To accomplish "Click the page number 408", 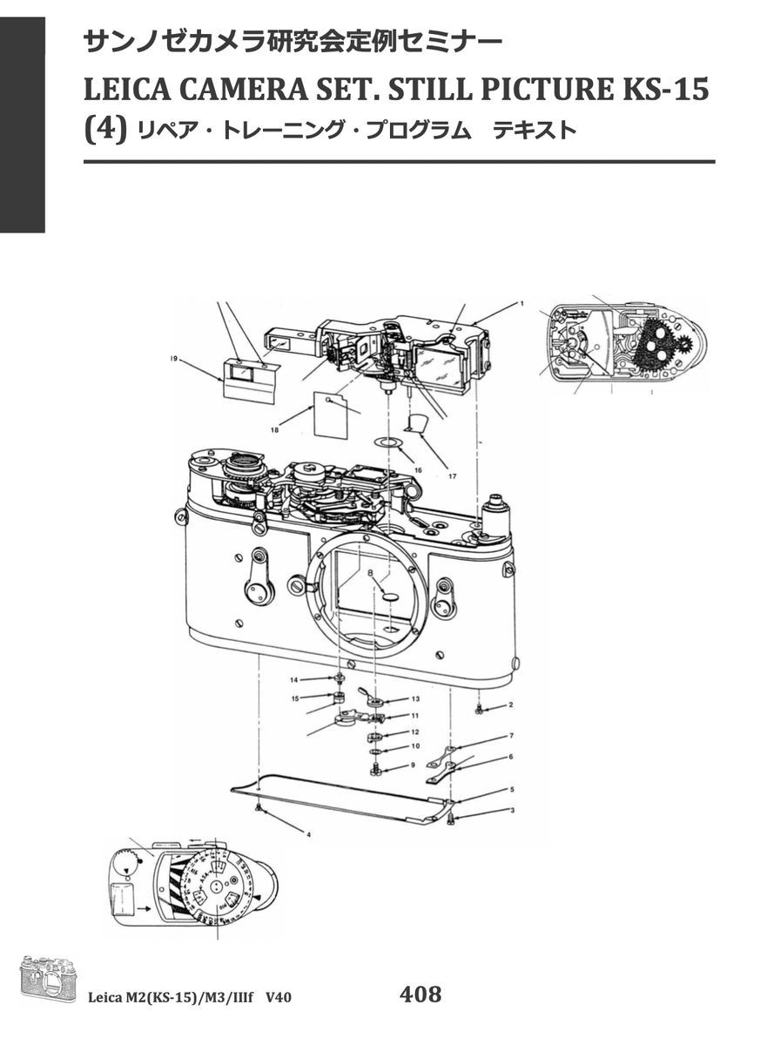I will coord(421,994).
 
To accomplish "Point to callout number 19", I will coord(175,358).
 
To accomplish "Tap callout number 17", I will coord(452,475).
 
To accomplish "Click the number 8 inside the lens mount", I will coord(371,573).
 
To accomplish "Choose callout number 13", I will coord(415,699).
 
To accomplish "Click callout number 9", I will coord(415,765).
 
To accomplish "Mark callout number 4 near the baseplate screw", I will coord(308,833).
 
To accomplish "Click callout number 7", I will coord(511,736).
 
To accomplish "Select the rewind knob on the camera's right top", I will coord(498,503).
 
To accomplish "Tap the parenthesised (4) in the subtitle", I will coord(104,130).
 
